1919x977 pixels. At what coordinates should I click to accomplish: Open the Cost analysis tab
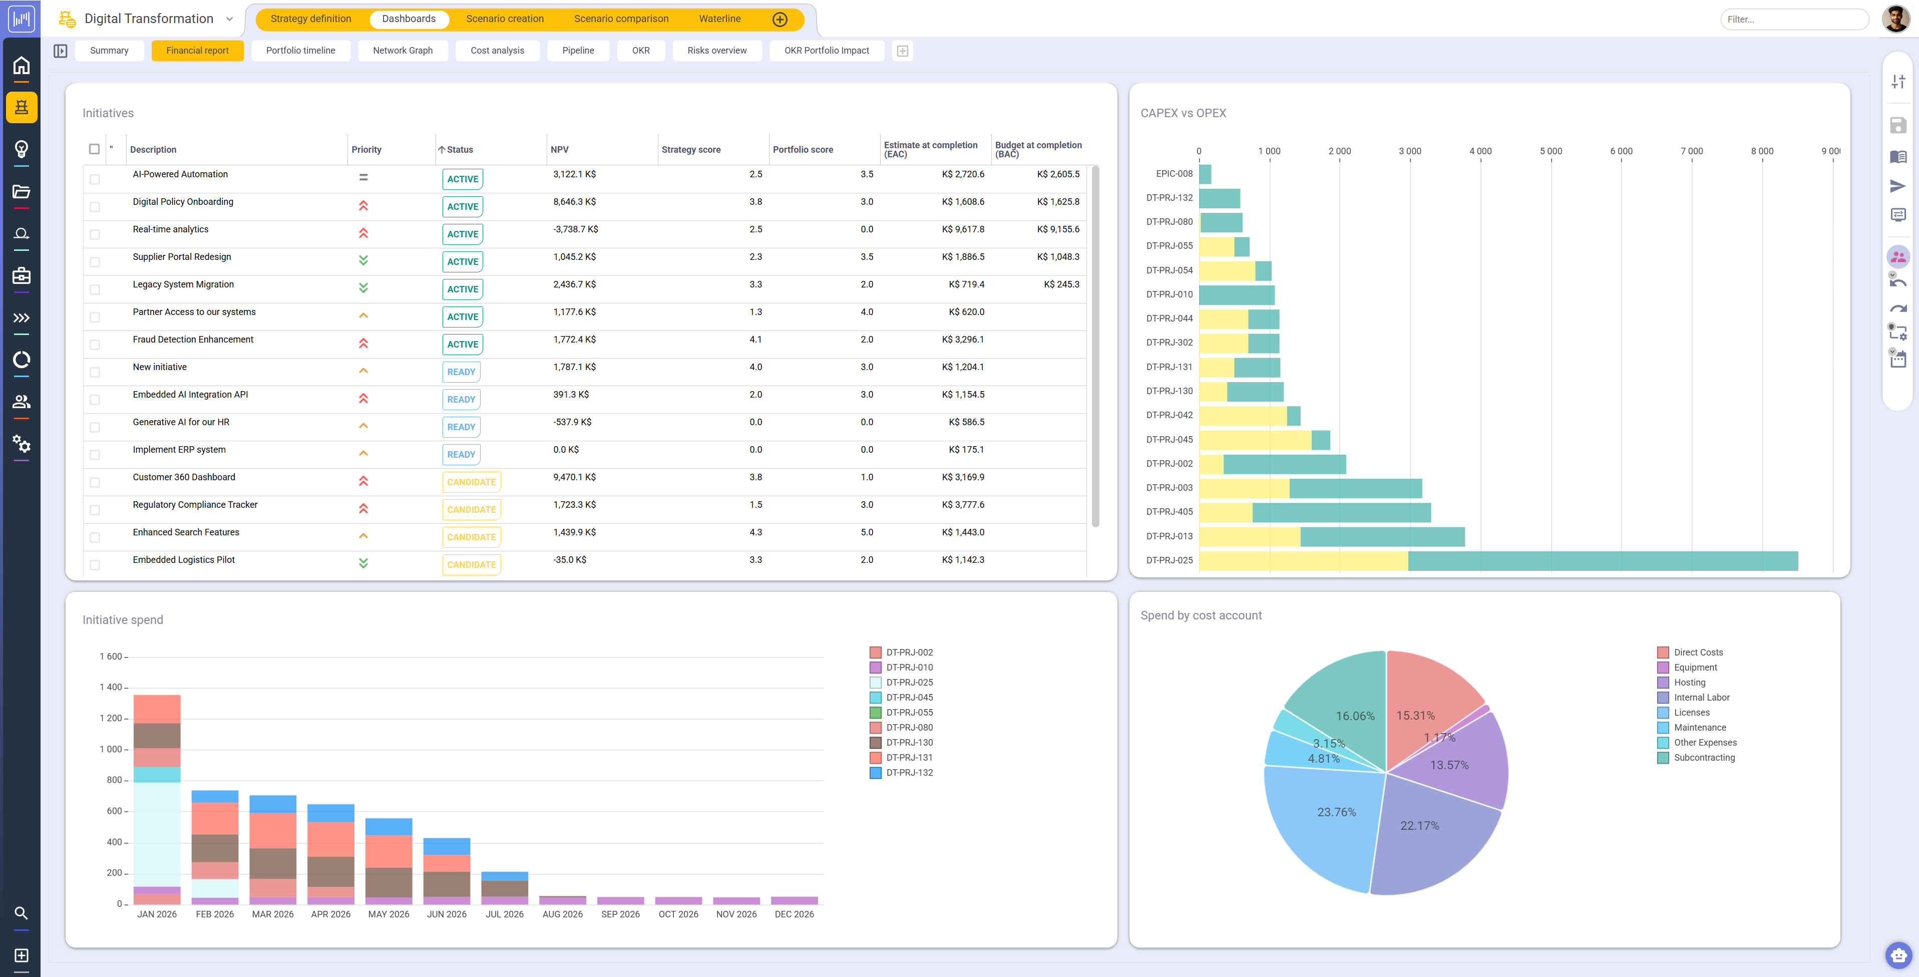click(497, 51)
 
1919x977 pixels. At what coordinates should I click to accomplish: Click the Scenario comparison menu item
click(620, 19)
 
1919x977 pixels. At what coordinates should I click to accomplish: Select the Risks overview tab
click(716, 51)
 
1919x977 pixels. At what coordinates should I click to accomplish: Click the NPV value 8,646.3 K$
click(574, 202)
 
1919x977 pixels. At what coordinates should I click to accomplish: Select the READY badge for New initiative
click(461, 372)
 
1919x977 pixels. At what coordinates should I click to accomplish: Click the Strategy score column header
click(690, 150)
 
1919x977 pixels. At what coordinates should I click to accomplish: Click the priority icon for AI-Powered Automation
click(363, 177)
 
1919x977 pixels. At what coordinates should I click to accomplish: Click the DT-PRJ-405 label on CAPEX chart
click(1169, 512)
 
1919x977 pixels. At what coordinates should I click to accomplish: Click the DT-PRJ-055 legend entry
click(909, 713)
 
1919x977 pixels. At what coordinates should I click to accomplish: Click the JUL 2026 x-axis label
click(504, 914)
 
